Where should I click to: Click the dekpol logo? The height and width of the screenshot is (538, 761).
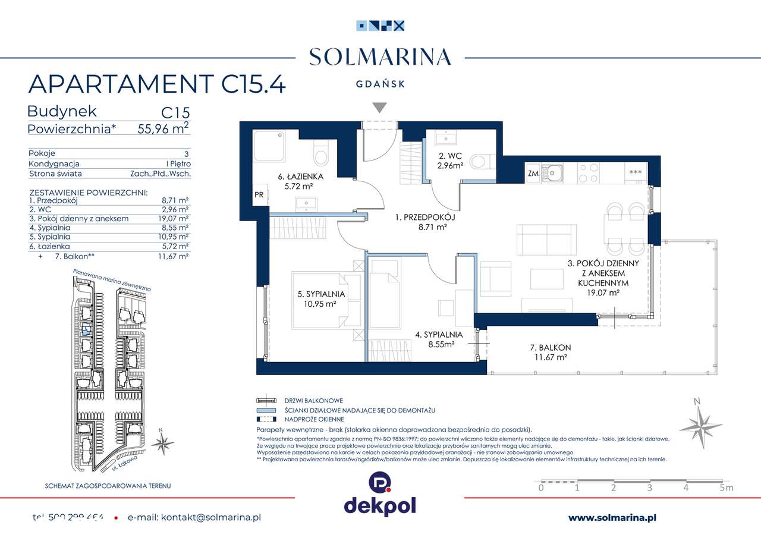[380, 494]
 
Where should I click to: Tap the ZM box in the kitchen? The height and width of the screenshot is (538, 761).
[533, 173]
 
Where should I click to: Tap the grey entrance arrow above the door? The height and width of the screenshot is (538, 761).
[379, 108]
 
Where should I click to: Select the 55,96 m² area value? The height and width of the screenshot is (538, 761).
[161, 128]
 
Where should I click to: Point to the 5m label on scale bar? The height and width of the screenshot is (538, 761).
[726, 488]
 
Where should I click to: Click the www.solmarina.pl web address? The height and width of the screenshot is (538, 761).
[612, 518]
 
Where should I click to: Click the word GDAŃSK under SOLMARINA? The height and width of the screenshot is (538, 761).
[380, 84]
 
